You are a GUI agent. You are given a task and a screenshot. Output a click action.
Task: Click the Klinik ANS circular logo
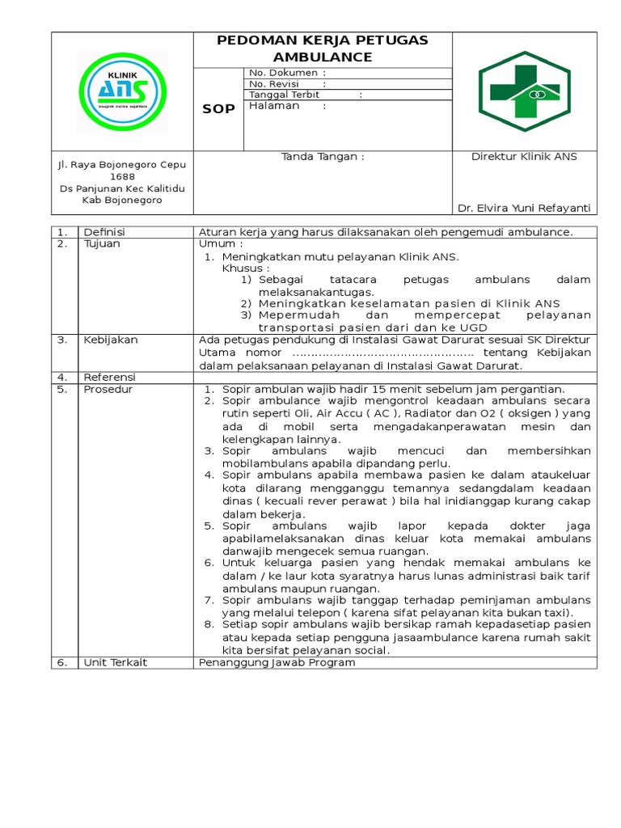tap(122, 91)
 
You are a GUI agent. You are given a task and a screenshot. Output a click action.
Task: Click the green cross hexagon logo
tap(524, 91)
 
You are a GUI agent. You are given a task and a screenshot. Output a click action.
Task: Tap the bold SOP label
tap(218, 109)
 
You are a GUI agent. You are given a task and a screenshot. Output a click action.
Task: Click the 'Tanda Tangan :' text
tap(323, 157)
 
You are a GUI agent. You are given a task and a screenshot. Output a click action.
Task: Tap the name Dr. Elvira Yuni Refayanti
tap(524, 208)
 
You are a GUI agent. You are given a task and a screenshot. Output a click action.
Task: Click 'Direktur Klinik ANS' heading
tap(524, 157)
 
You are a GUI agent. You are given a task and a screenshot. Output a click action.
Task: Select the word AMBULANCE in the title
tap(323, 57)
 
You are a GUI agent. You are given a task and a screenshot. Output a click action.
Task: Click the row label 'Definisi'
tap(104, 232)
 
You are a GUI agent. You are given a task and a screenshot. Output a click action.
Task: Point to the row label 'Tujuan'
tap(102, 243)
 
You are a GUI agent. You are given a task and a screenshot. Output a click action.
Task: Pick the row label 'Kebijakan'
tap(111, 340)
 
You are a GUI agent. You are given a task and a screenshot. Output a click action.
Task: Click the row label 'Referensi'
tap(110, 377)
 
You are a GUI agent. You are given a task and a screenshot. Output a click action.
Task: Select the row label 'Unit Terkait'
tap(114, 662)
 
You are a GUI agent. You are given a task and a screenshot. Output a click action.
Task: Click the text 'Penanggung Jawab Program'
tap(277, 662)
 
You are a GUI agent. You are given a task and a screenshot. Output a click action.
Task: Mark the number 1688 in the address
tap(122, 176)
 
